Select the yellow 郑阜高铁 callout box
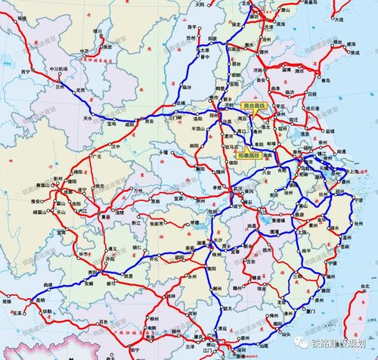(247, 156)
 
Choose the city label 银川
(97, 31)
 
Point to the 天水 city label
(88, 119)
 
